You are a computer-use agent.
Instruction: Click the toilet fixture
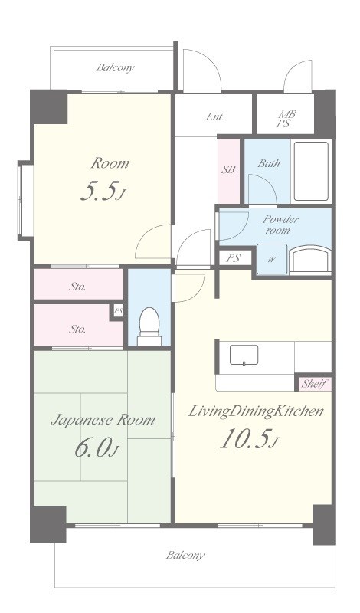point(149,326)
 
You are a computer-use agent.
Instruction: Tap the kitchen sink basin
point(244,355)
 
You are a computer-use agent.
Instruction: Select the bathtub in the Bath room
point(311,171)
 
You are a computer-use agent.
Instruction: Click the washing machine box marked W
point(272,259)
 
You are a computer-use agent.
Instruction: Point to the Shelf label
point(315,384)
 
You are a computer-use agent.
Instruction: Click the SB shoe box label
point(229,169)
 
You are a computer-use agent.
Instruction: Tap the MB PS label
point(286,119)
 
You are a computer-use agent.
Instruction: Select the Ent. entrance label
point(214,116)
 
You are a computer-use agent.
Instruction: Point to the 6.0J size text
point(97,448)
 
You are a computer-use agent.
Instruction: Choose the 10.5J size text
point(249,439)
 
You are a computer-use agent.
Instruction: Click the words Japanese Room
point(103,420)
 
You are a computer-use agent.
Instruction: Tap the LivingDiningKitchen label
point(256,411)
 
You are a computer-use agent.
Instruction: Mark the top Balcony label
point(116,67)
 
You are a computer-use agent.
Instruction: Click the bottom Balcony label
point(185,555)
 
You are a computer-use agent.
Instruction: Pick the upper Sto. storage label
point(77,287)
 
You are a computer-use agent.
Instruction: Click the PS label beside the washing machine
point(233,258)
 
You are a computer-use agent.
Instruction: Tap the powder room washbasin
point(310,259)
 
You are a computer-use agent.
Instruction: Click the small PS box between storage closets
point(118,312)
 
